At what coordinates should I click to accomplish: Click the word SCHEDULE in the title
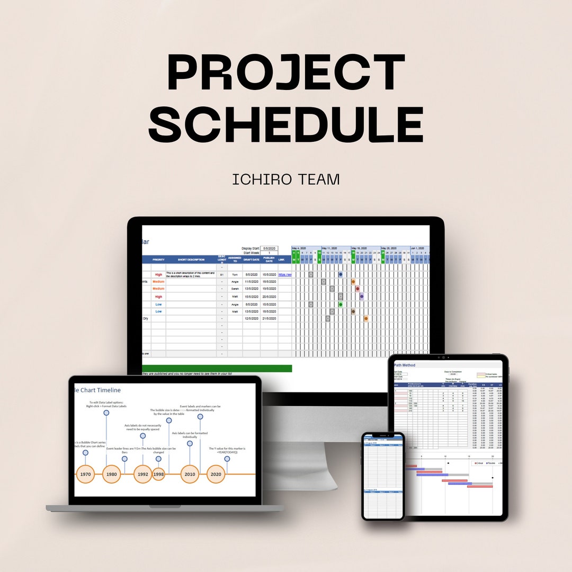(x=286, y=124)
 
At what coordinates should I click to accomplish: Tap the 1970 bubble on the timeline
(x=85, y=475)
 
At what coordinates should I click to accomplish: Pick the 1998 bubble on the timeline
(x=158, y=475)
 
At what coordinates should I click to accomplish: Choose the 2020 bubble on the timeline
(x=216, y=475)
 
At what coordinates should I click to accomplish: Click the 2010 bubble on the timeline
(x=190, y=475)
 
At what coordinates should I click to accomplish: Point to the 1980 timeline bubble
(x=111, y=475)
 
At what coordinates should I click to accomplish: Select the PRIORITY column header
(x=158, y=260)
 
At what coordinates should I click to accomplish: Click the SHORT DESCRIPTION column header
(x=191, y=260)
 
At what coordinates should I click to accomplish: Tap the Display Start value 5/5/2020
(x=269, y=248)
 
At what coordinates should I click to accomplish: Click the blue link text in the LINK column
(x=285, y=275)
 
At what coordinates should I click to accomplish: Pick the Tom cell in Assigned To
(x=235, y=275)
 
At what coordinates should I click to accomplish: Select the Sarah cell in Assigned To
(x=235, y=289)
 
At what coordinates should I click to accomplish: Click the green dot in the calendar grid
(x=341, y=304)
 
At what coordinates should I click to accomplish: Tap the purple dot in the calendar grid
(x=362, y=297)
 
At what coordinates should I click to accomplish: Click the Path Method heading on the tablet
(x=405, y=365)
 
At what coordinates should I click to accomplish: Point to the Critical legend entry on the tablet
(x=478, y=463)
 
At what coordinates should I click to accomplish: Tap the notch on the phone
(x=383, y=436)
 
